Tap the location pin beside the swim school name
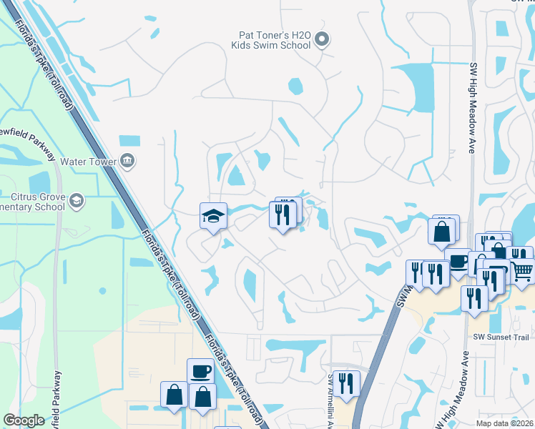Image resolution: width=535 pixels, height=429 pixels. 322,39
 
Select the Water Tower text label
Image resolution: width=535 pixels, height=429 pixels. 88,162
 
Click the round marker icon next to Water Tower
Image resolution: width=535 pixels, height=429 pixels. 127,159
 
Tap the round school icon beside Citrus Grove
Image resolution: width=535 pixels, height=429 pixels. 77,201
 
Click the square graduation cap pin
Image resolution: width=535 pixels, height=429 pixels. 212,216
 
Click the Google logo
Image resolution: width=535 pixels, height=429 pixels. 24,420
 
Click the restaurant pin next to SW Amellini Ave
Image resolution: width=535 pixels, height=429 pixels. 346,383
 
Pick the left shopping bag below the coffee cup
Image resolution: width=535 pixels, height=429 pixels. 174,395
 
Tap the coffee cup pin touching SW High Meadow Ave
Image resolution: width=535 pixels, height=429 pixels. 457,261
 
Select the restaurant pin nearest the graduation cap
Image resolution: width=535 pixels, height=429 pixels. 282,214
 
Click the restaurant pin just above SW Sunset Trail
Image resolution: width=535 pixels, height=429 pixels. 473,298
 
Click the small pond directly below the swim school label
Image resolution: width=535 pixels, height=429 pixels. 295,87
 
